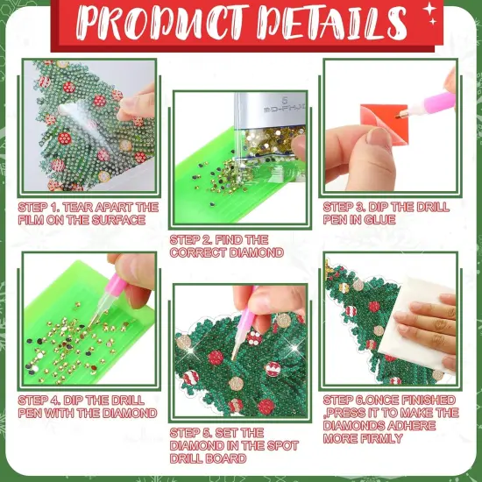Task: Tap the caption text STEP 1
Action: [88, 214]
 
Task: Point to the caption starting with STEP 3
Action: [386, 214]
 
